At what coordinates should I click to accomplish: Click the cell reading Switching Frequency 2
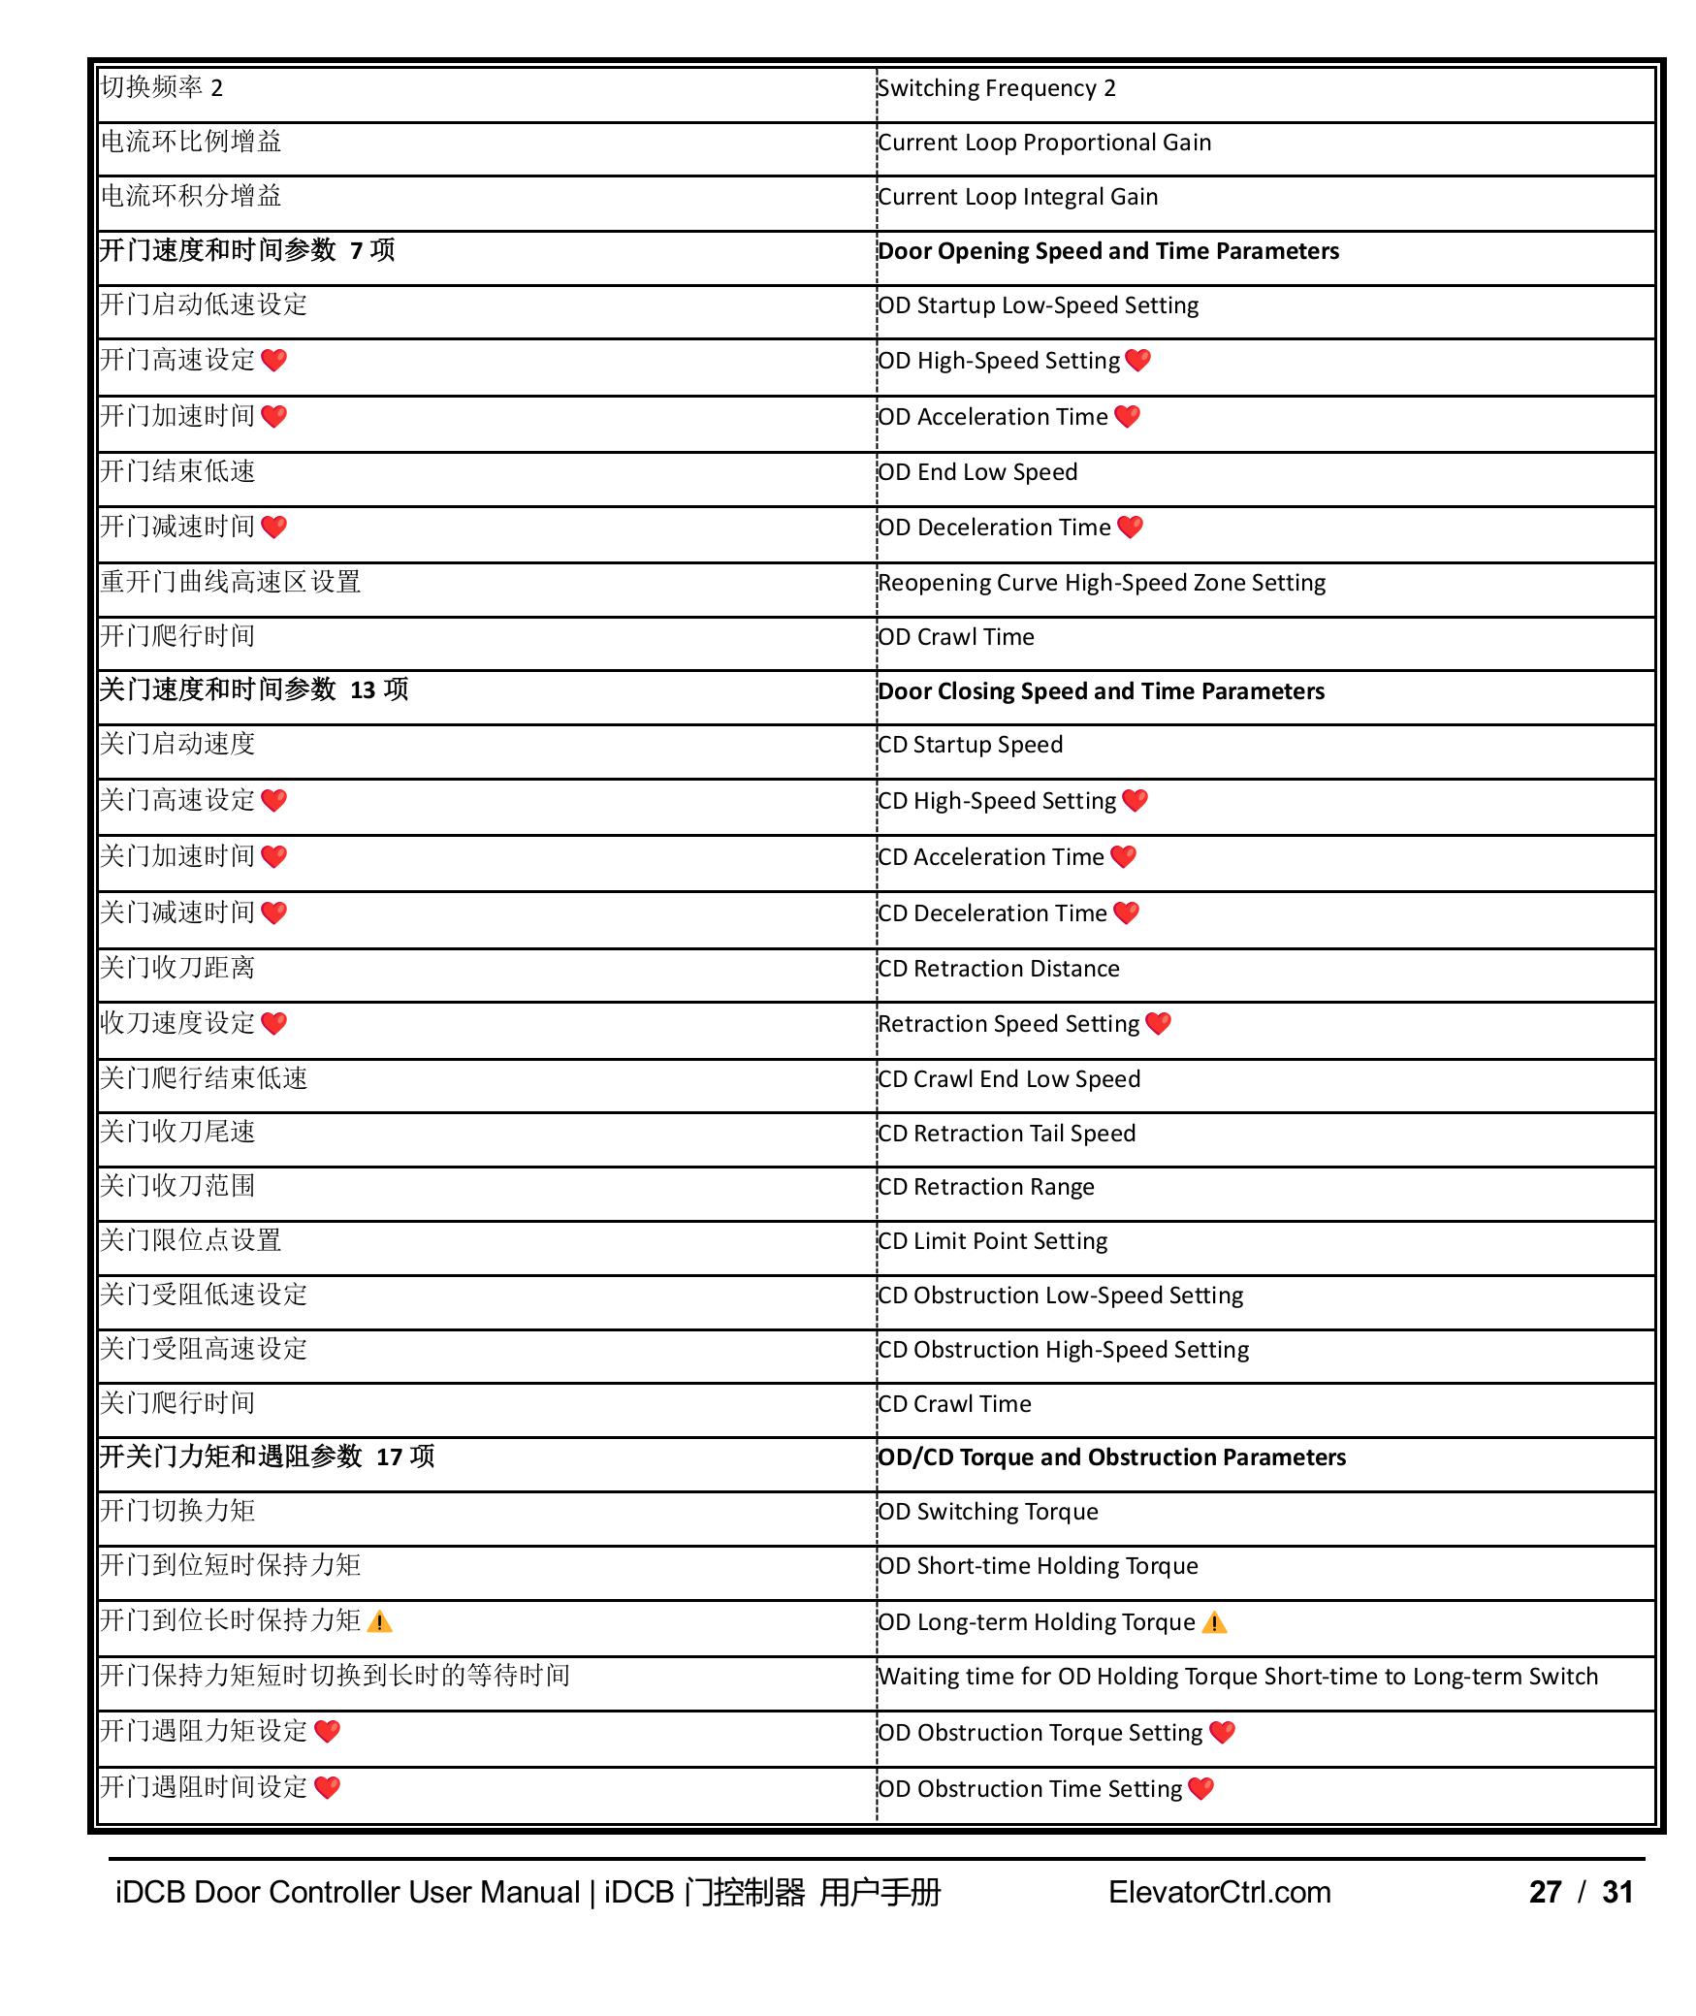pos(997,89)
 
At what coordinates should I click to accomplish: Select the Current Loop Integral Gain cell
pos(1018,198)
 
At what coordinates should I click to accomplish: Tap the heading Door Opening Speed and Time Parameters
pos(1108,252)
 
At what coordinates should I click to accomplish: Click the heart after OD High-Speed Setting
pos(1137,361)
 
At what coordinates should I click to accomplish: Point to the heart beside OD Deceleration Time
pos(1130,528)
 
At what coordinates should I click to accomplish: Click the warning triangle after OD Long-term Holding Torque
pos(1214,1623)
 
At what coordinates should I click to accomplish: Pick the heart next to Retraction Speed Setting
pos(1158,1024)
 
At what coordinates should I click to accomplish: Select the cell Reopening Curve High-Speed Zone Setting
pos(1102,584)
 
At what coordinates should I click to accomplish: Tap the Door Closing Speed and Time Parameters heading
pos(1102,692)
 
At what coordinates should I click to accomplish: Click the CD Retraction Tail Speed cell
pos(1007,1135)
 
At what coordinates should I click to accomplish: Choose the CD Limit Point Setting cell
pos(993,1242)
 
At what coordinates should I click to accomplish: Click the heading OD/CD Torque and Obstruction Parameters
pos(1112,1458)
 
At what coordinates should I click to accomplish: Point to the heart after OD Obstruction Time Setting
pos(1200,1789)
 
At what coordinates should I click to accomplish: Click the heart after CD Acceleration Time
pos(1123,857)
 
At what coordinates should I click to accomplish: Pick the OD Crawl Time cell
pos(956,638)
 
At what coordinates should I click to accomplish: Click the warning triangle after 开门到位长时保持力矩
pos(380,1622)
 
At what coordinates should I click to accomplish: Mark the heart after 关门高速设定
pos(274,801)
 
